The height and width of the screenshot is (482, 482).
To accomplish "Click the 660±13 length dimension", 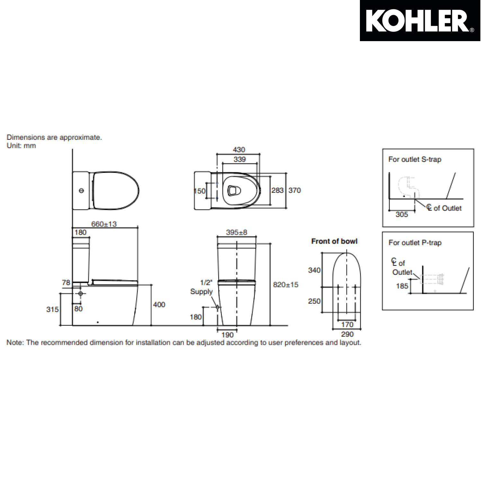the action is (x=104, y=224).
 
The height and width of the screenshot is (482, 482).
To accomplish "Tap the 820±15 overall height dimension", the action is (x=286, y=284).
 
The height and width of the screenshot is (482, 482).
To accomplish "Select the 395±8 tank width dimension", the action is (x=237, y=232).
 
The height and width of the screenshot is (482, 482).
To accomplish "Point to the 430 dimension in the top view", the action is (x=239, y=150).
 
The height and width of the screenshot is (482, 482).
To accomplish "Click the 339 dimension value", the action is (x=239, y=159).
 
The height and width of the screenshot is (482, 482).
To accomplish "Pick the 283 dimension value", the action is (x=277, y=190).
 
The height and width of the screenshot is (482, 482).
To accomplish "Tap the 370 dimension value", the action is (x=295, y=190).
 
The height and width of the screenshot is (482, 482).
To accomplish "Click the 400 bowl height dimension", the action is (x=159, y=305).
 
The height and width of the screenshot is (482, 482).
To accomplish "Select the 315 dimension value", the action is (x=52, y=309).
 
